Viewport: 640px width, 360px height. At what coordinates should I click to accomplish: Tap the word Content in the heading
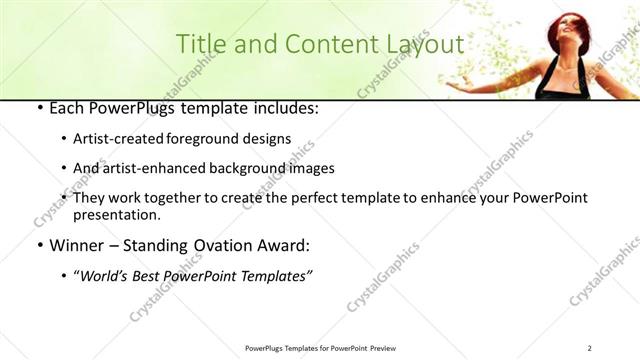316,45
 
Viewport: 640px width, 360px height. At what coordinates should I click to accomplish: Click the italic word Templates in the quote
278,276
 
